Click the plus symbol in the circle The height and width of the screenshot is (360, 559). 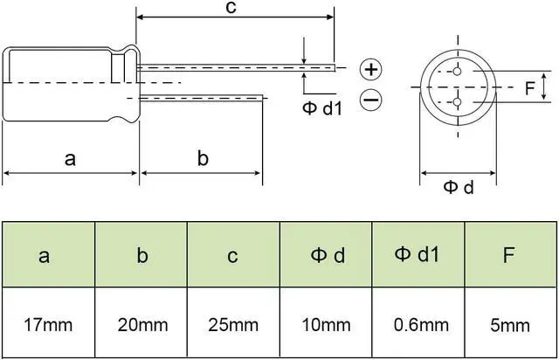371,69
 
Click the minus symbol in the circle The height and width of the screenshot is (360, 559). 371,101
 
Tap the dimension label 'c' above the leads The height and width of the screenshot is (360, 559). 231,8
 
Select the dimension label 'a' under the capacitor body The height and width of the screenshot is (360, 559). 71,159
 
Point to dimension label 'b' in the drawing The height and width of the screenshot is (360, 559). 202,159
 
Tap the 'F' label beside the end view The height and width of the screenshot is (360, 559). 529,88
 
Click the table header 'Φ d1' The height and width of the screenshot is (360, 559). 418,254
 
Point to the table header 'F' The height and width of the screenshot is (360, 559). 511,255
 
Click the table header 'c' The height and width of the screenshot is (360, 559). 233,256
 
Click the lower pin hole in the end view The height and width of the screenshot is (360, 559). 458,103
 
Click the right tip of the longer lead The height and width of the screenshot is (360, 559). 334,66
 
